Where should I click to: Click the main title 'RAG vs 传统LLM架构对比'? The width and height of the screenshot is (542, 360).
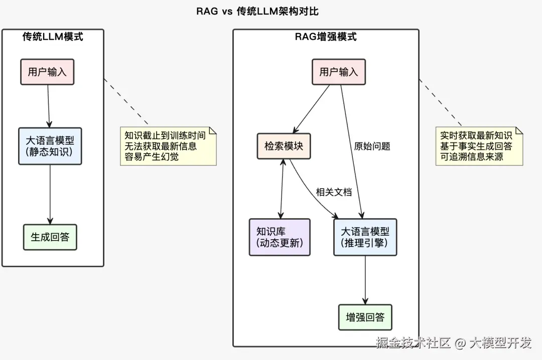pyautogui.click(x=257, y=11)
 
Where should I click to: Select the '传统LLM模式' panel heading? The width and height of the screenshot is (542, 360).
pyautogui.click(x=53, y=37)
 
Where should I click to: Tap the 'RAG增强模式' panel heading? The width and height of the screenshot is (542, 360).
pyautogui.click(x=325, y=37)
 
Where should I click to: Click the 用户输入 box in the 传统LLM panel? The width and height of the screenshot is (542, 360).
pyautogui.click(x=47, y=72)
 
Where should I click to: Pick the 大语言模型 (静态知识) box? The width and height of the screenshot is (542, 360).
pyautogui.click(x=50, y=146)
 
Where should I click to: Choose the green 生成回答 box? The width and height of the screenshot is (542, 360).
pyautogui.click(x=50, y=237)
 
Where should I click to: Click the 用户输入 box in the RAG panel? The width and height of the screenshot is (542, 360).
pyautogui.click(x=339, y=72)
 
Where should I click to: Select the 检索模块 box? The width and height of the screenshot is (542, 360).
pyautogui.click(x=284, y=146)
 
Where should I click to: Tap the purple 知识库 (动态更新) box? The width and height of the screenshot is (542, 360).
pyautogui.click(x=280, y=237)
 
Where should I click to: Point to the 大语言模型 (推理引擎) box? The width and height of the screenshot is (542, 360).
pyautogui.click(x=365, y=237)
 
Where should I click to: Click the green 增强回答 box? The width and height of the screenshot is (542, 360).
pyautogui.click(x=365, y=317)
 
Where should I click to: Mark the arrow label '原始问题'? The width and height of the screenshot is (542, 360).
pyautogui.click(x=372, y=146)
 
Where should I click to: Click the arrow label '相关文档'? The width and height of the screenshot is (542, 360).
pyautogui.click(x=334, y=192)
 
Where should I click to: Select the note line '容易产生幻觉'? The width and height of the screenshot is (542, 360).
pyautogui.click(x=152, y=157)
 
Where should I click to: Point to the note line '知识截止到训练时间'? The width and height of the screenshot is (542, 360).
pyautogui.click(x=165, y=136)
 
